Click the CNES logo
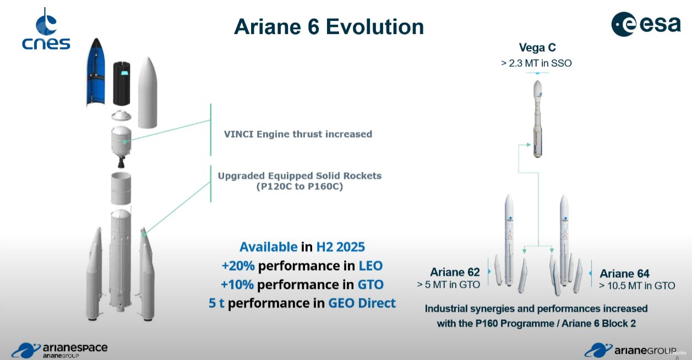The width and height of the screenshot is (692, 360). (46, 29)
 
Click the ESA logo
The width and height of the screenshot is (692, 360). (646, 24)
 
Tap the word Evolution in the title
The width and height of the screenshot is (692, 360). (375, 27)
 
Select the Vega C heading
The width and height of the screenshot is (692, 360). (537, 47)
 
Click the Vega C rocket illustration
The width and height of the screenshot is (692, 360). (537, 119)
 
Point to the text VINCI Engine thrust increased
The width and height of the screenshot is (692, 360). (298, 134)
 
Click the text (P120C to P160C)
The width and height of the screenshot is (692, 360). (299, 187)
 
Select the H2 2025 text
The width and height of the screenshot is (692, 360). (340, 247)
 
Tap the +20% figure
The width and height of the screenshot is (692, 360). (238, 266)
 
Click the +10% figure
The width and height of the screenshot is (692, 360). (237, 285)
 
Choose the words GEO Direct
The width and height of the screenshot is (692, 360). (362, 303)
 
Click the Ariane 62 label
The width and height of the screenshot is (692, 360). (455, 272)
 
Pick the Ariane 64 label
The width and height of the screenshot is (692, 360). (624, 274)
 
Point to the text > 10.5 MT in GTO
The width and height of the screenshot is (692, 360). (637, 286)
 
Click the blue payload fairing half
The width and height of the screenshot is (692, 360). (96, 72)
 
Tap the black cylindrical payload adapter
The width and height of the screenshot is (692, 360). (122, 84)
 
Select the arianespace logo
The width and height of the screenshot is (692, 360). (59, 350)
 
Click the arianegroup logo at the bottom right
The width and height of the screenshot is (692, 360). (630, 350)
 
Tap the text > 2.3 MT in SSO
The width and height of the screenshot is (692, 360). (536, 63)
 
